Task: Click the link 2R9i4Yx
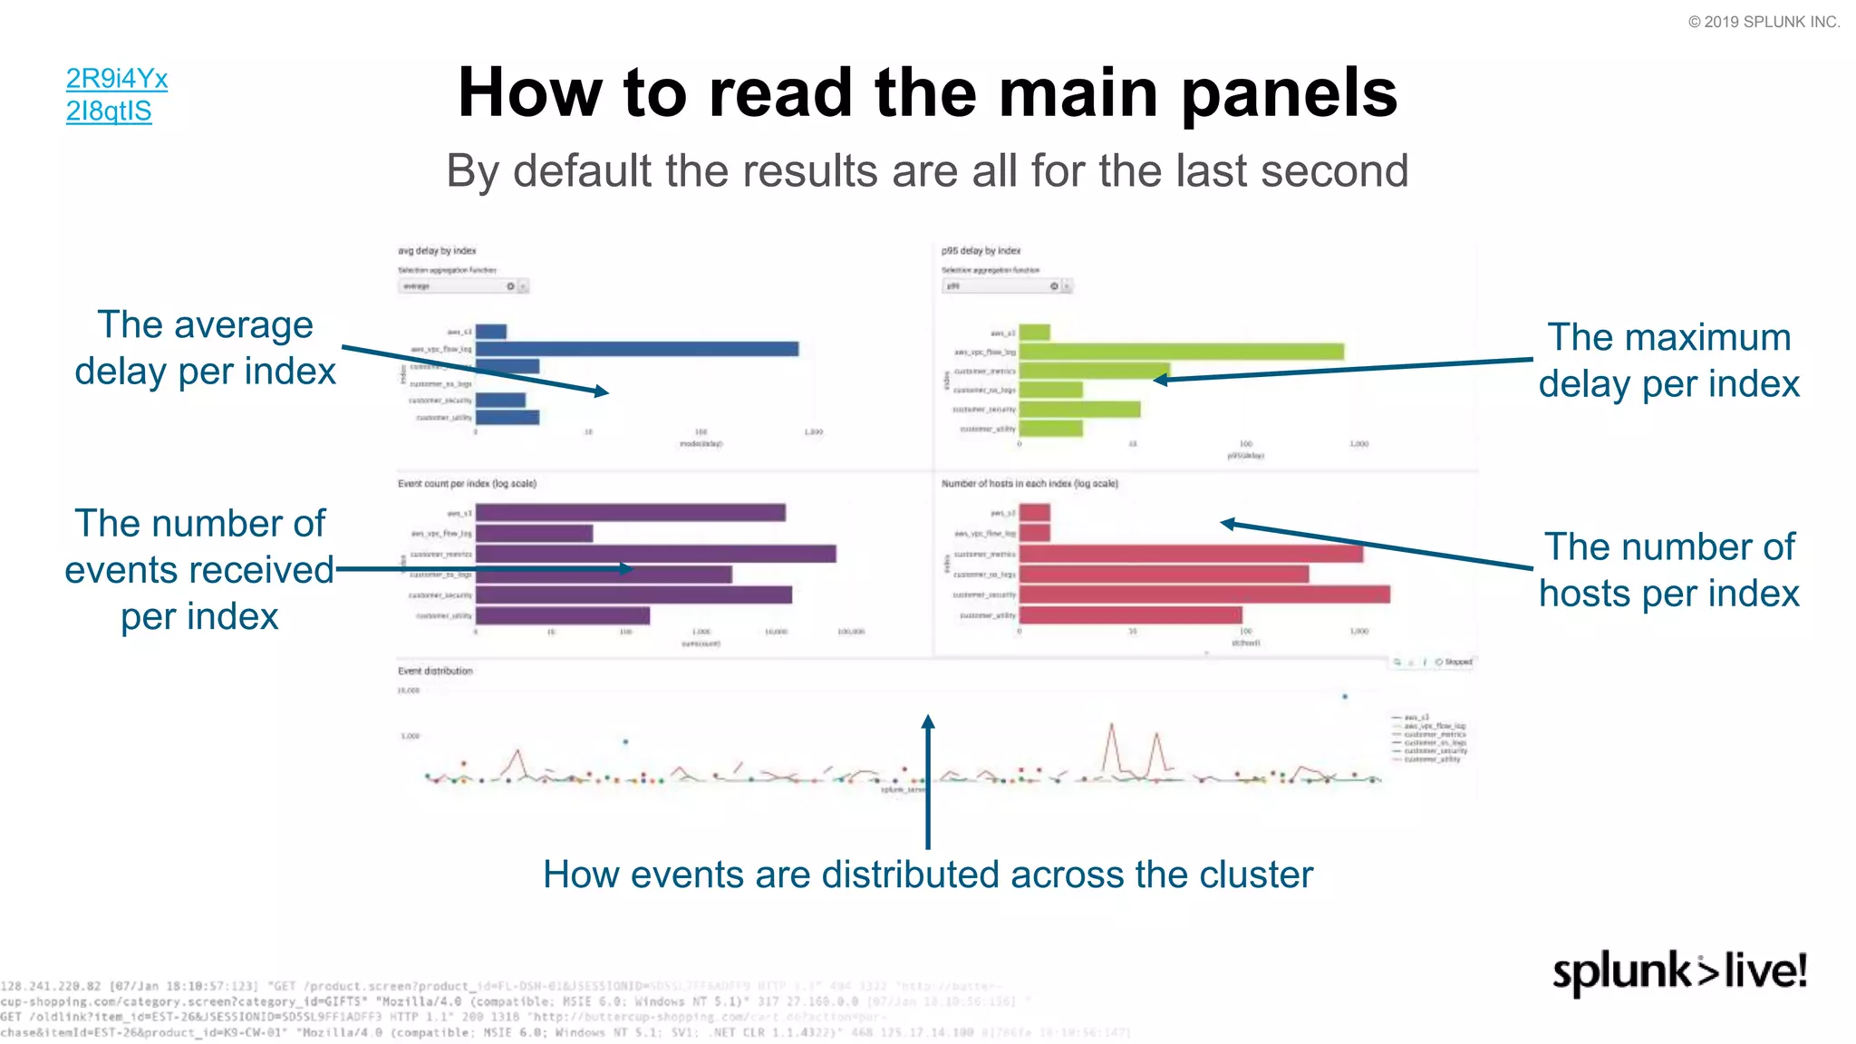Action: [117, 79]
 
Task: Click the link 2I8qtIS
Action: [109, 111]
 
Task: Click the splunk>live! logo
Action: [1679, 971]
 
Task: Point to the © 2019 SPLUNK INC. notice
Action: [1764, 22]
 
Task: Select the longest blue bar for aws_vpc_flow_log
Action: [636, 349]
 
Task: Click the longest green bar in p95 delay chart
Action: [1181, 352]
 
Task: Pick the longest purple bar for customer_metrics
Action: [655, 554]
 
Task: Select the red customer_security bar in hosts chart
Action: [1204, 594]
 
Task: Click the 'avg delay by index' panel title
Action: [437, 251]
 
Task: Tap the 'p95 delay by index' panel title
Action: [981, 251]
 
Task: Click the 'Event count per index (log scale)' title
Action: [467, 484]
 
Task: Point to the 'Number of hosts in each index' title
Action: [1029, 484]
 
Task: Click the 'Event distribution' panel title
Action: [435, 672]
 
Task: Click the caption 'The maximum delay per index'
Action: [1668, 361]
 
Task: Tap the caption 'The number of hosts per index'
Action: [1668, 570]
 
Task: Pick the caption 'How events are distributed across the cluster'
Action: [928, 875]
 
